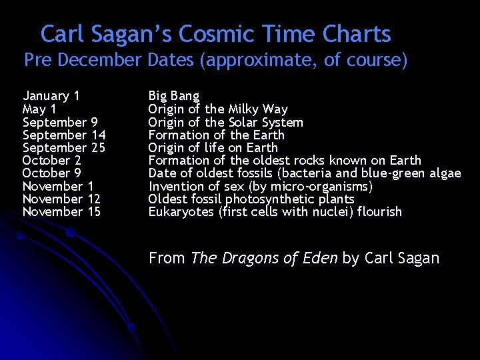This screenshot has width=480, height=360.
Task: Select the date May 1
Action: pyautogui.click(x=39, y=109)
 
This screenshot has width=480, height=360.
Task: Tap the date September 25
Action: pyautogui.click(x=64, y=148)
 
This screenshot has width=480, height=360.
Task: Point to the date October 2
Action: pyautogui.click(x=52, y=161)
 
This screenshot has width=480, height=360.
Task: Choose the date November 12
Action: pyautogui.click(x=61, y=199)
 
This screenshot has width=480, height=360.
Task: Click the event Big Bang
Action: pyautogui.click(x=173, y=97)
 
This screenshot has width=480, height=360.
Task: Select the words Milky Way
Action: pyautogui.click(x=258, y=109)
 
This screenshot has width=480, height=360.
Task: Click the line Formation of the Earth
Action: pyautogui.click(x=216, y=135)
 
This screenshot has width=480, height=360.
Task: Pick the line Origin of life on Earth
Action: pyautogui.click(x=213, y=148)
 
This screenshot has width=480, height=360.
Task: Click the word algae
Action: pyautogui.click(x=445, y=173)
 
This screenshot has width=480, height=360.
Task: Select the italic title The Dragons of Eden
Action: pyautogui.click(x=264, y=258)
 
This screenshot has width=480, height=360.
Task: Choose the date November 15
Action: pyautogui.click(x=61, y=212)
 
